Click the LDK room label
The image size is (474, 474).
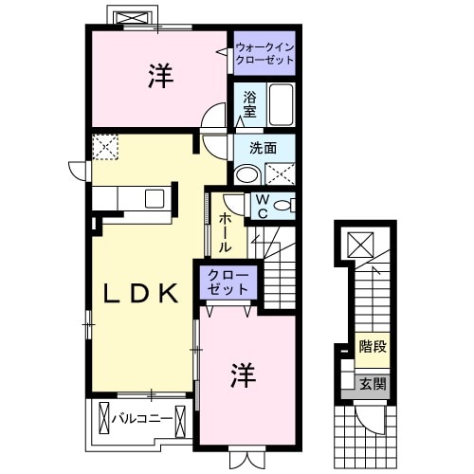(x=139, y=295)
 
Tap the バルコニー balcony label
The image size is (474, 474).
(x=142, y=417)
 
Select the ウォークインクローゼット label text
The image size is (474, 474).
(x=264, y=51)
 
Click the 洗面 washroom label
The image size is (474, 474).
(x=263, y=148)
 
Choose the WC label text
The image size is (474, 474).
(x=262, y=206)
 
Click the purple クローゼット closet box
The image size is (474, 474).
(x=227, y=282)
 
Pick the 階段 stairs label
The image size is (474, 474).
(x=373, y=347)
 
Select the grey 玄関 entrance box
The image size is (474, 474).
(x=372, y=384)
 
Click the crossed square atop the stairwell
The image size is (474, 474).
(x=361, y=246)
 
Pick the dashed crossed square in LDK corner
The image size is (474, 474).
(x=104, y=147)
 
